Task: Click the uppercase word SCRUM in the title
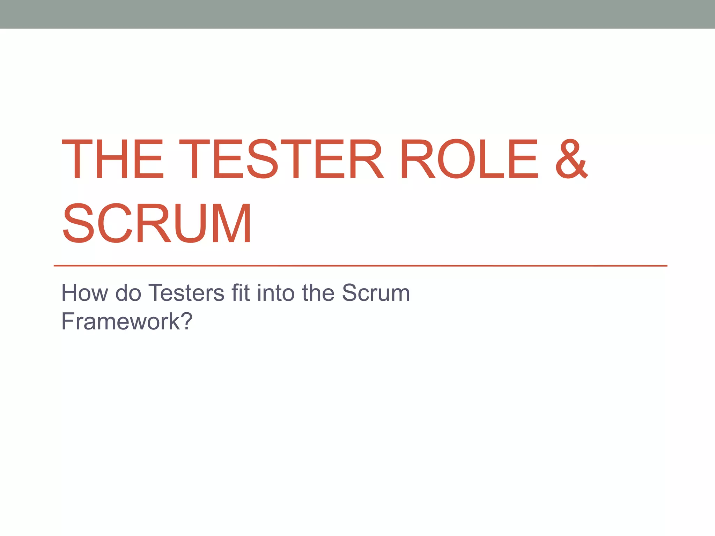[x=157, y=223]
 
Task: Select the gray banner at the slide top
[x=357, y=14]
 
